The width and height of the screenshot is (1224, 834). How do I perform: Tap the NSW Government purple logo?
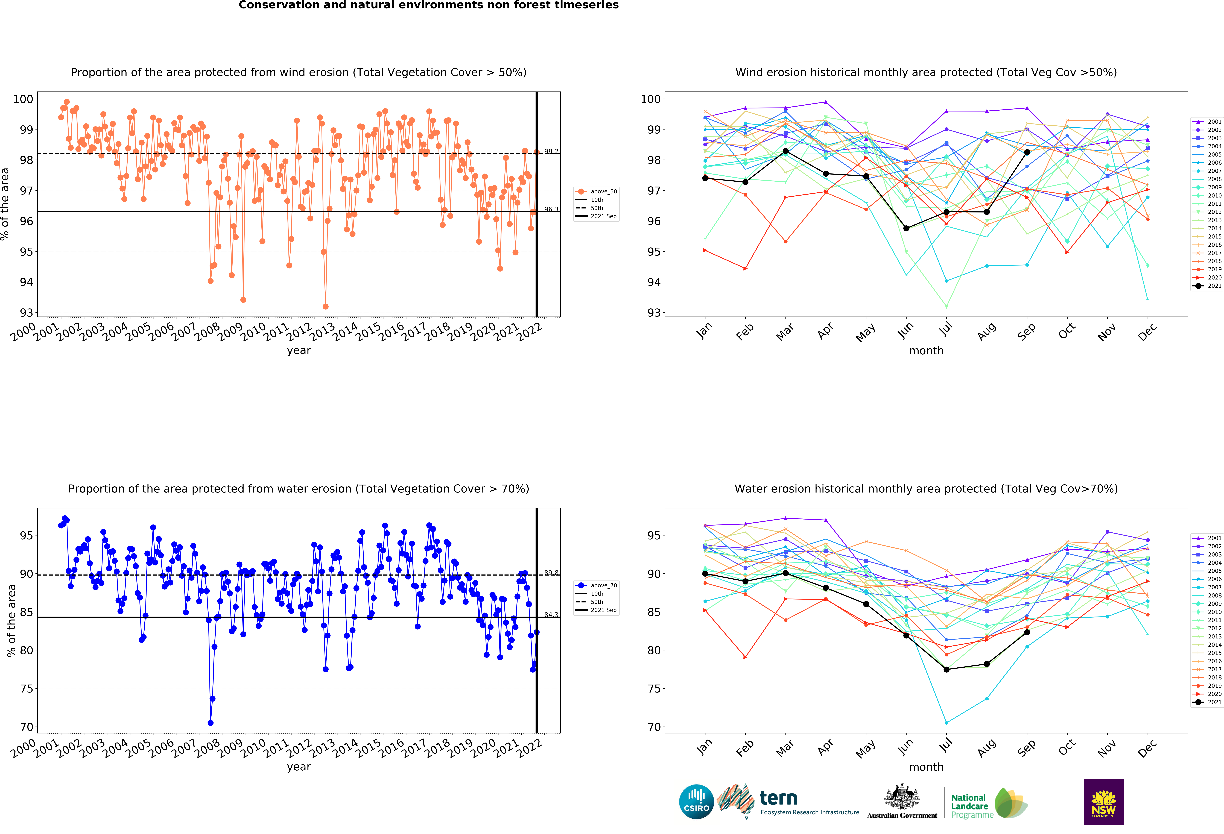pyautogui.click(x=1103, y=801)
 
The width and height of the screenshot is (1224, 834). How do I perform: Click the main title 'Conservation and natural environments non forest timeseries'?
pyautogui.click(x=428, y=5)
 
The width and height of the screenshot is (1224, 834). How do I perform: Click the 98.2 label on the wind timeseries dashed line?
pyautogui.click(x=551, y=152)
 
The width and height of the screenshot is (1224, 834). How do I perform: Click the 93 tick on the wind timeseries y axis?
pyautogui.click(x=26, y=313)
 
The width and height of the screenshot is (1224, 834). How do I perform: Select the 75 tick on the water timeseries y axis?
pyautogui.click(x=26, y=689)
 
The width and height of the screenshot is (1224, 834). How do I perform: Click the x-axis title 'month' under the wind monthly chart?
pyautogui.click(x=926, y=351)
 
